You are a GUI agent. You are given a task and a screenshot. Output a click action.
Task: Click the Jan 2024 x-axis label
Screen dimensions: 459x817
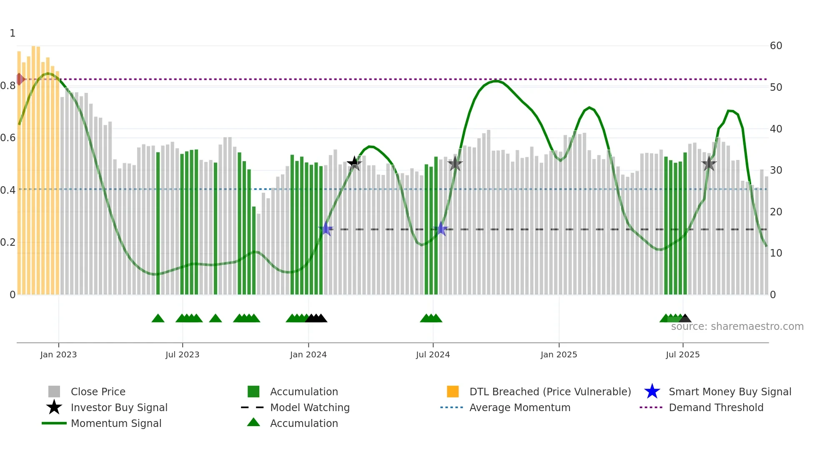click(x=308, y=354)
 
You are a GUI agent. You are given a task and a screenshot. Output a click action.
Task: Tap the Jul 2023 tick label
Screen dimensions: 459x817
click(x=182, y=354)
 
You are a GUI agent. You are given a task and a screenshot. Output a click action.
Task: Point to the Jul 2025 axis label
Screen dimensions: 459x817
click(x=682, y=354)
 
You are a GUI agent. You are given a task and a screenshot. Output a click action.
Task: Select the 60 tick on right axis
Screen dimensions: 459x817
click(x=776, y=46)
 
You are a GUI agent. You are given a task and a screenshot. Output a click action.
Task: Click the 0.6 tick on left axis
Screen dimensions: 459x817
click(x=8, y=138)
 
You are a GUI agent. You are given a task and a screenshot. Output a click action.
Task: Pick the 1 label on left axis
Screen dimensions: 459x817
click(x=13, y=33)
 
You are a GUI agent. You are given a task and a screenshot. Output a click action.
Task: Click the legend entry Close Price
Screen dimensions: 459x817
click(x=98, y=392)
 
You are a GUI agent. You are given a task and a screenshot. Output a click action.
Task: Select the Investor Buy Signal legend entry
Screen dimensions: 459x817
click(x=119, y=407)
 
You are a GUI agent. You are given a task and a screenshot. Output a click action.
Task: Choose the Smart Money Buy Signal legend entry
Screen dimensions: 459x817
click(x=729, y=392)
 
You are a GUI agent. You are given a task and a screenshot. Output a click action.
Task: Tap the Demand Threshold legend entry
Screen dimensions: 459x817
click(x=716, y=407)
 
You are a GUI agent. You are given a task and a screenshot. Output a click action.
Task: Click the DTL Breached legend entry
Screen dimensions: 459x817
click(x=550, y=392)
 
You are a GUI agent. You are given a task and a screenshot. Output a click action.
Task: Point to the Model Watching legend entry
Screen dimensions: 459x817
click(x=309, y=407)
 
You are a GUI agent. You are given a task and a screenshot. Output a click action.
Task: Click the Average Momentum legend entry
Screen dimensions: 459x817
click(x=519, y=407)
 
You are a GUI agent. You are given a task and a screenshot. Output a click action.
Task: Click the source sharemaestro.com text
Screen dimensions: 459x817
click(x=737, y=327)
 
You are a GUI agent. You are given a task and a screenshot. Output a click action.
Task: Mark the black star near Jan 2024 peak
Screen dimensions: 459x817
click(x=354, y=163)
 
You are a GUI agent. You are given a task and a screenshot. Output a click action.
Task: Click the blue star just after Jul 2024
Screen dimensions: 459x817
click(x=441, y=229)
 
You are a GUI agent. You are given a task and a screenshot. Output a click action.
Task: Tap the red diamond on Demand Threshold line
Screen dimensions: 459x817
click(x=20, y=79)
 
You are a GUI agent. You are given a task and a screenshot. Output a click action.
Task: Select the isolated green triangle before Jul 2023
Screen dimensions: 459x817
click(x=158, y=319)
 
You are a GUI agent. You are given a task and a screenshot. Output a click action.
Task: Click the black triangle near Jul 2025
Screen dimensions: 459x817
click(x=684, y=319)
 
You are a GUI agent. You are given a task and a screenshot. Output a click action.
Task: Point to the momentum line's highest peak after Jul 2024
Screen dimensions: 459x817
click(x=495, y=81)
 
